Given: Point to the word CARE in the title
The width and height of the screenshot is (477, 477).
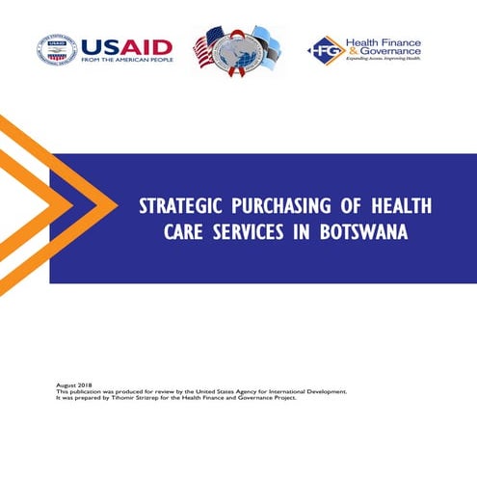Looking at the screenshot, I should point(167,234).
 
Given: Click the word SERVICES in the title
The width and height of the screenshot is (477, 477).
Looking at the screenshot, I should point(240,234).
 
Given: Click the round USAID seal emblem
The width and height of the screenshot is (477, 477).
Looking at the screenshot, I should point(58,50).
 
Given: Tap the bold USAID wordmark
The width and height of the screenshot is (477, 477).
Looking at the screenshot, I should point(127,46).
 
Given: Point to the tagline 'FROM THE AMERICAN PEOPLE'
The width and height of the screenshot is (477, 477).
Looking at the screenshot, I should point(127,62).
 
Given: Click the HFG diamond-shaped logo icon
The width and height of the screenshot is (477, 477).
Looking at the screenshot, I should point(324,50).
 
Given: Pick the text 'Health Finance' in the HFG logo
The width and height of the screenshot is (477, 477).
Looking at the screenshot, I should point(383,40).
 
